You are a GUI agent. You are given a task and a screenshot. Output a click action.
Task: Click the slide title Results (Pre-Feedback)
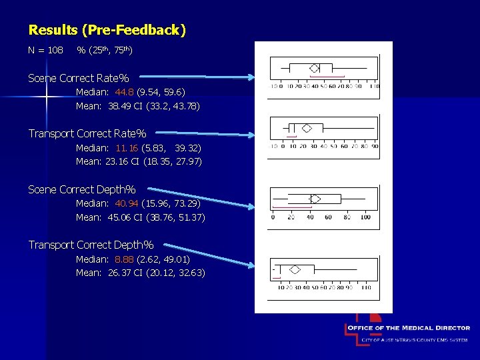[x=107, y=30]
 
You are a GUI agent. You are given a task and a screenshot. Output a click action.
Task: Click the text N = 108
[x=46, y=51]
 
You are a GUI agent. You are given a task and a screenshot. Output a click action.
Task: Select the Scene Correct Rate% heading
[x=79, y=79]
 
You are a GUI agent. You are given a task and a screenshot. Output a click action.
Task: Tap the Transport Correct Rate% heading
[x=87, y=134]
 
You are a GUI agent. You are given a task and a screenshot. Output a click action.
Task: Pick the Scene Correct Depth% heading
[x=82, y=190]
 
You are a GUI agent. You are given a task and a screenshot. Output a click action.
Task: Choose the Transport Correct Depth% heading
[x=91, y=245]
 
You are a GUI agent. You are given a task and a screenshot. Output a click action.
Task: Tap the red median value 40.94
[x=126, y=203]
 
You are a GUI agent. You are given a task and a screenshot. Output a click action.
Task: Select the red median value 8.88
[x=124, y=259]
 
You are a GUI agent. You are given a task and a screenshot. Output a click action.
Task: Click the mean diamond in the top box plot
[x=315, y=68]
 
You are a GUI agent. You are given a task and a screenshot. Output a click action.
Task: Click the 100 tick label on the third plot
[x=365, y=217]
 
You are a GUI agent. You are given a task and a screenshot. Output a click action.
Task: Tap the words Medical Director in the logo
[x=436, y=328]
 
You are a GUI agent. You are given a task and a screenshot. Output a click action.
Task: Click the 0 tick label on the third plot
[x=273, y=217]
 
